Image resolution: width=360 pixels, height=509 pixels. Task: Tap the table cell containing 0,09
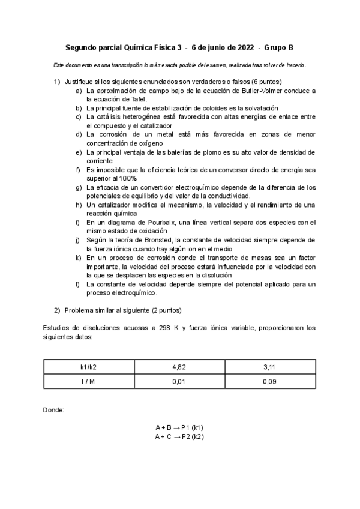point(270,381)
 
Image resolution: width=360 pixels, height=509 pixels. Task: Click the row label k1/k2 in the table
point(89,366)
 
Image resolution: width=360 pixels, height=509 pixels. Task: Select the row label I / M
point(89,381)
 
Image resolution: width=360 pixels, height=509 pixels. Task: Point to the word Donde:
point(54,409)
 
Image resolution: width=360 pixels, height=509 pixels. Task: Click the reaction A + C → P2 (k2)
point(179,436)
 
